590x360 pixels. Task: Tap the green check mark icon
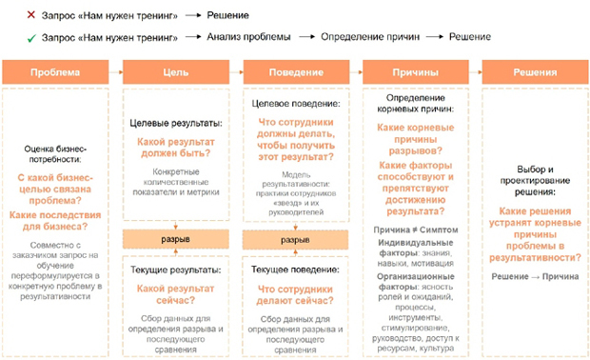(x=9, y=37)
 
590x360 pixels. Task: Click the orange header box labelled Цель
(x=176, y=72)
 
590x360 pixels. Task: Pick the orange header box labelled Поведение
(x=296, y=72)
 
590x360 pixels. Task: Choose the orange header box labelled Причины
(x=416, y=72)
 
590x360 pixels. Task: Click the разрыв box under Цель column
(x=175, y=238)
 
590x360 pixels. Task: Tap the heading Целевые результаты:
(x=175, y=125)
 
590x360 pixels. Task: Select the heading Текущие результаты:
(x=175, y=270)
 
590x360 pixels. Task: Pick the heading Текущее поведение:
(x=295, y=270)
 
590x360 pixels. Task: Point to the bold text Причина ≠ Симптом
(x=416, y=230)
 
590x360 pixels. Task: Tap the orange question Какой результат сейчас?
(x=175, y=294)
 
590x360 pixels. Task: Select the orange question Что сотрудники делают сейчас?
(x=295, y=294)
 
